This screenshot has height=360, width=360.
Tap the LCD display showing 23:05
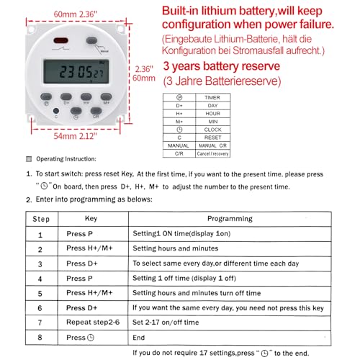click(x=76, y=73)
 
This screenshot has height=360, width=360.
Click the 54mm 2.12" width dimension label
click(x=70, y=135)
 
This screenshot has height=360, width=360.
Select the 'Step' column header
click(x=42, y=218)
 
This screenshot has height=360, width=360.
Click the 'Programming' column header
click(x=230, y=218)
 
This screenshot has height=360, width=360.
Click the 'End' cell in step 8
click(x=140, y=337)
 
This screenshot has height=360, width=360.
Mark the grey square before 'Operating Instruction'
click(x=29, y=158)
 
